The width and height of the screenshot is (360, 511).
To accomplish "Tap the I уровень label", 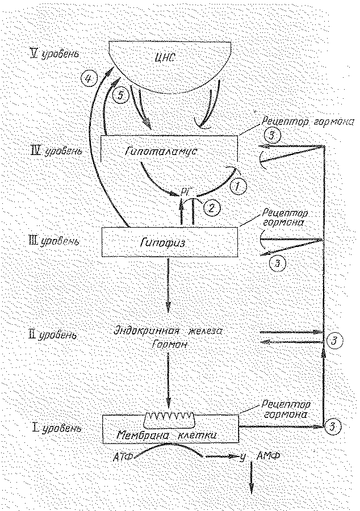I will click(x=56, y=428).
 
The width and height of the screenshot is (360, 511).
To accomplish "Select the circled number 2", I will click(x=212, y=207).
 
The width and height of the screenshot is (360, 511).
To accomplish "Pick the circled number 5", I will click(x=120, y=97).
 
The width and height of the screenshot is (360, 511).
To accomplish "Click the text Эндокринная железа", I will click(x=170, y=332).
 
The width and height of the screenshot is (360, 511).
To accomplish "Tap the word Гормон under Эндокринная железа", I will click(x=170, y=345).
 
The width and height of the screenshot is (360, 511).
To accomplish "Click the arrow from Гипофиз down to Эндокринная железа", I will click(x=169, y=284).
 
